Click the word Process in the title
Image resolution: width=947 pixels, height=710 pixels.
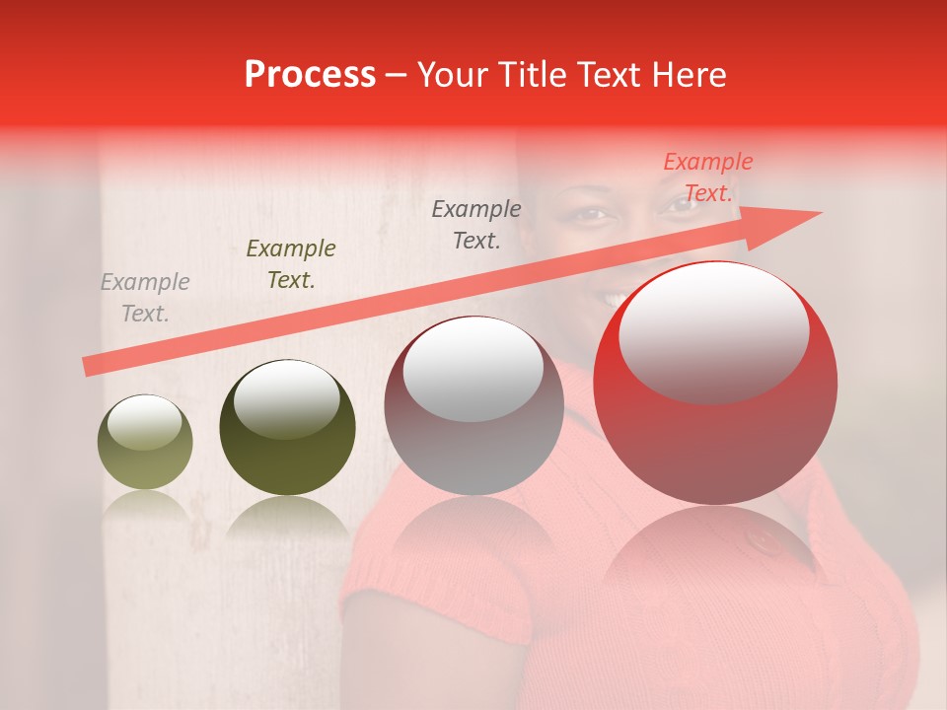[310, 75]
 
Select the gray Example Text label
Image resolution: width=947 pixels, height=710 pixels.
[145, 298]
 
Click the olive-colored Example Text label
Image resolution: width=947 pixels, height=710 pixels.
[291, 263]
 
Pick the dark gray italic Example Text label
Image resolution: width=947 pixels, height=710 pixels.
[476, 224]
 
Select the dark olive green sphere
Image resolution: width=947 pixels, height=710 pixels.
[287, 434]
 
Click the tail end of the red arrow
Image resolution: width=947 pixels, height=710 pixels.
[89, 367]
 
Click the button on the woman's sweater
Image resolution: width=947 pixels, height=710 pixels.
[763, 540]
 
